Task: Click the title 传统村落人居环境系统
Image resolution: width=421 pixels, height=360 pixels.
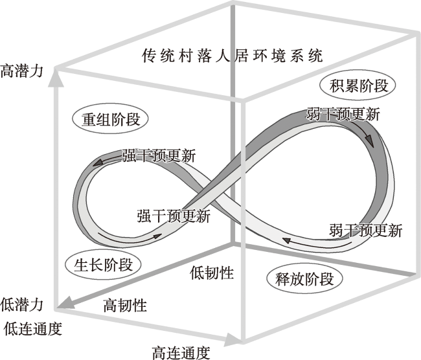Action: click(x=233, y=56)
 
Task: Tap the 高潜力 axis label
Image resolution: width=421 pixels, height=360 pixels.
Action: click(x=22, y=71)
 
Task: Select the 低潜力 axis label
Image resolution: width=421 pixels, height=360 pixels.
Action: click(x=22, y=304)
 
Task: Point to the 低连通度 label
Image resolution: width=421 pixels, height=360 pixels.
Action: click(x=33, y=328)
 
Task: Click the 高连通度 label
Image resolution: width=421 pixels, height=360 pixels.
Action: click(x=181, y=352)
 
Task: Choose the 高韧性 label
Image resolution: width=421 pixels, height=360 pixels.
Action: click(x=125, y=305)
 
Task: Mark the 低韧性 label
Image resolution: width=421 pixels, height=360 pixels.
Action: click(x=212, y=273)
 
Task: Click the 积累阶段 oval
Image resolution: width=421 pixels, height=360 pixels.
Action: click(x=358, y=85)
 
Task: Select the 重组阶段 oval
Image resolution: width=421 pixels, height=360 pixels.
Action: click(x=110, y=119)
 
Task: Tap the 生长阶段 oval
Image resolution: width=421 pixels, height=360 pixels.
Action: click(x=103, y=265)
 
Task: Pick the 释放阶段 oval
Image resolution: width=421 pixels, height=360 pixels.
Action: click(x=304, y=279)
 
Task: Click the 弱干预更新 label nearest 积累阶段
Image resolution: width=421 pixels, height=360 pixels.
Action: click(x=343, y=114)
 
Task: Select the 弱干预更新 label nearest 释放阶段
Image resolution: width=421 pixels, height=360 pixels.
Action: click(x=365, y=230)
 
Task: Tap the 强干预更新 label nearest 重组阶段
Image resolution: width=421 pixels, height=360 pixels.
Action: click(x=159, y=155)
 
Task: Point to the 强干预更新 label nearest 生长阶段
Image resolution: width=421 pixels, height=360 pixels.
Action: click(x=174, y=216)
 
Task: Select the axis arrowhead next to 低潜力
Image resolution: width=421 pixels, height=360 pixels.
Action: click(x=63, y=302)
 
